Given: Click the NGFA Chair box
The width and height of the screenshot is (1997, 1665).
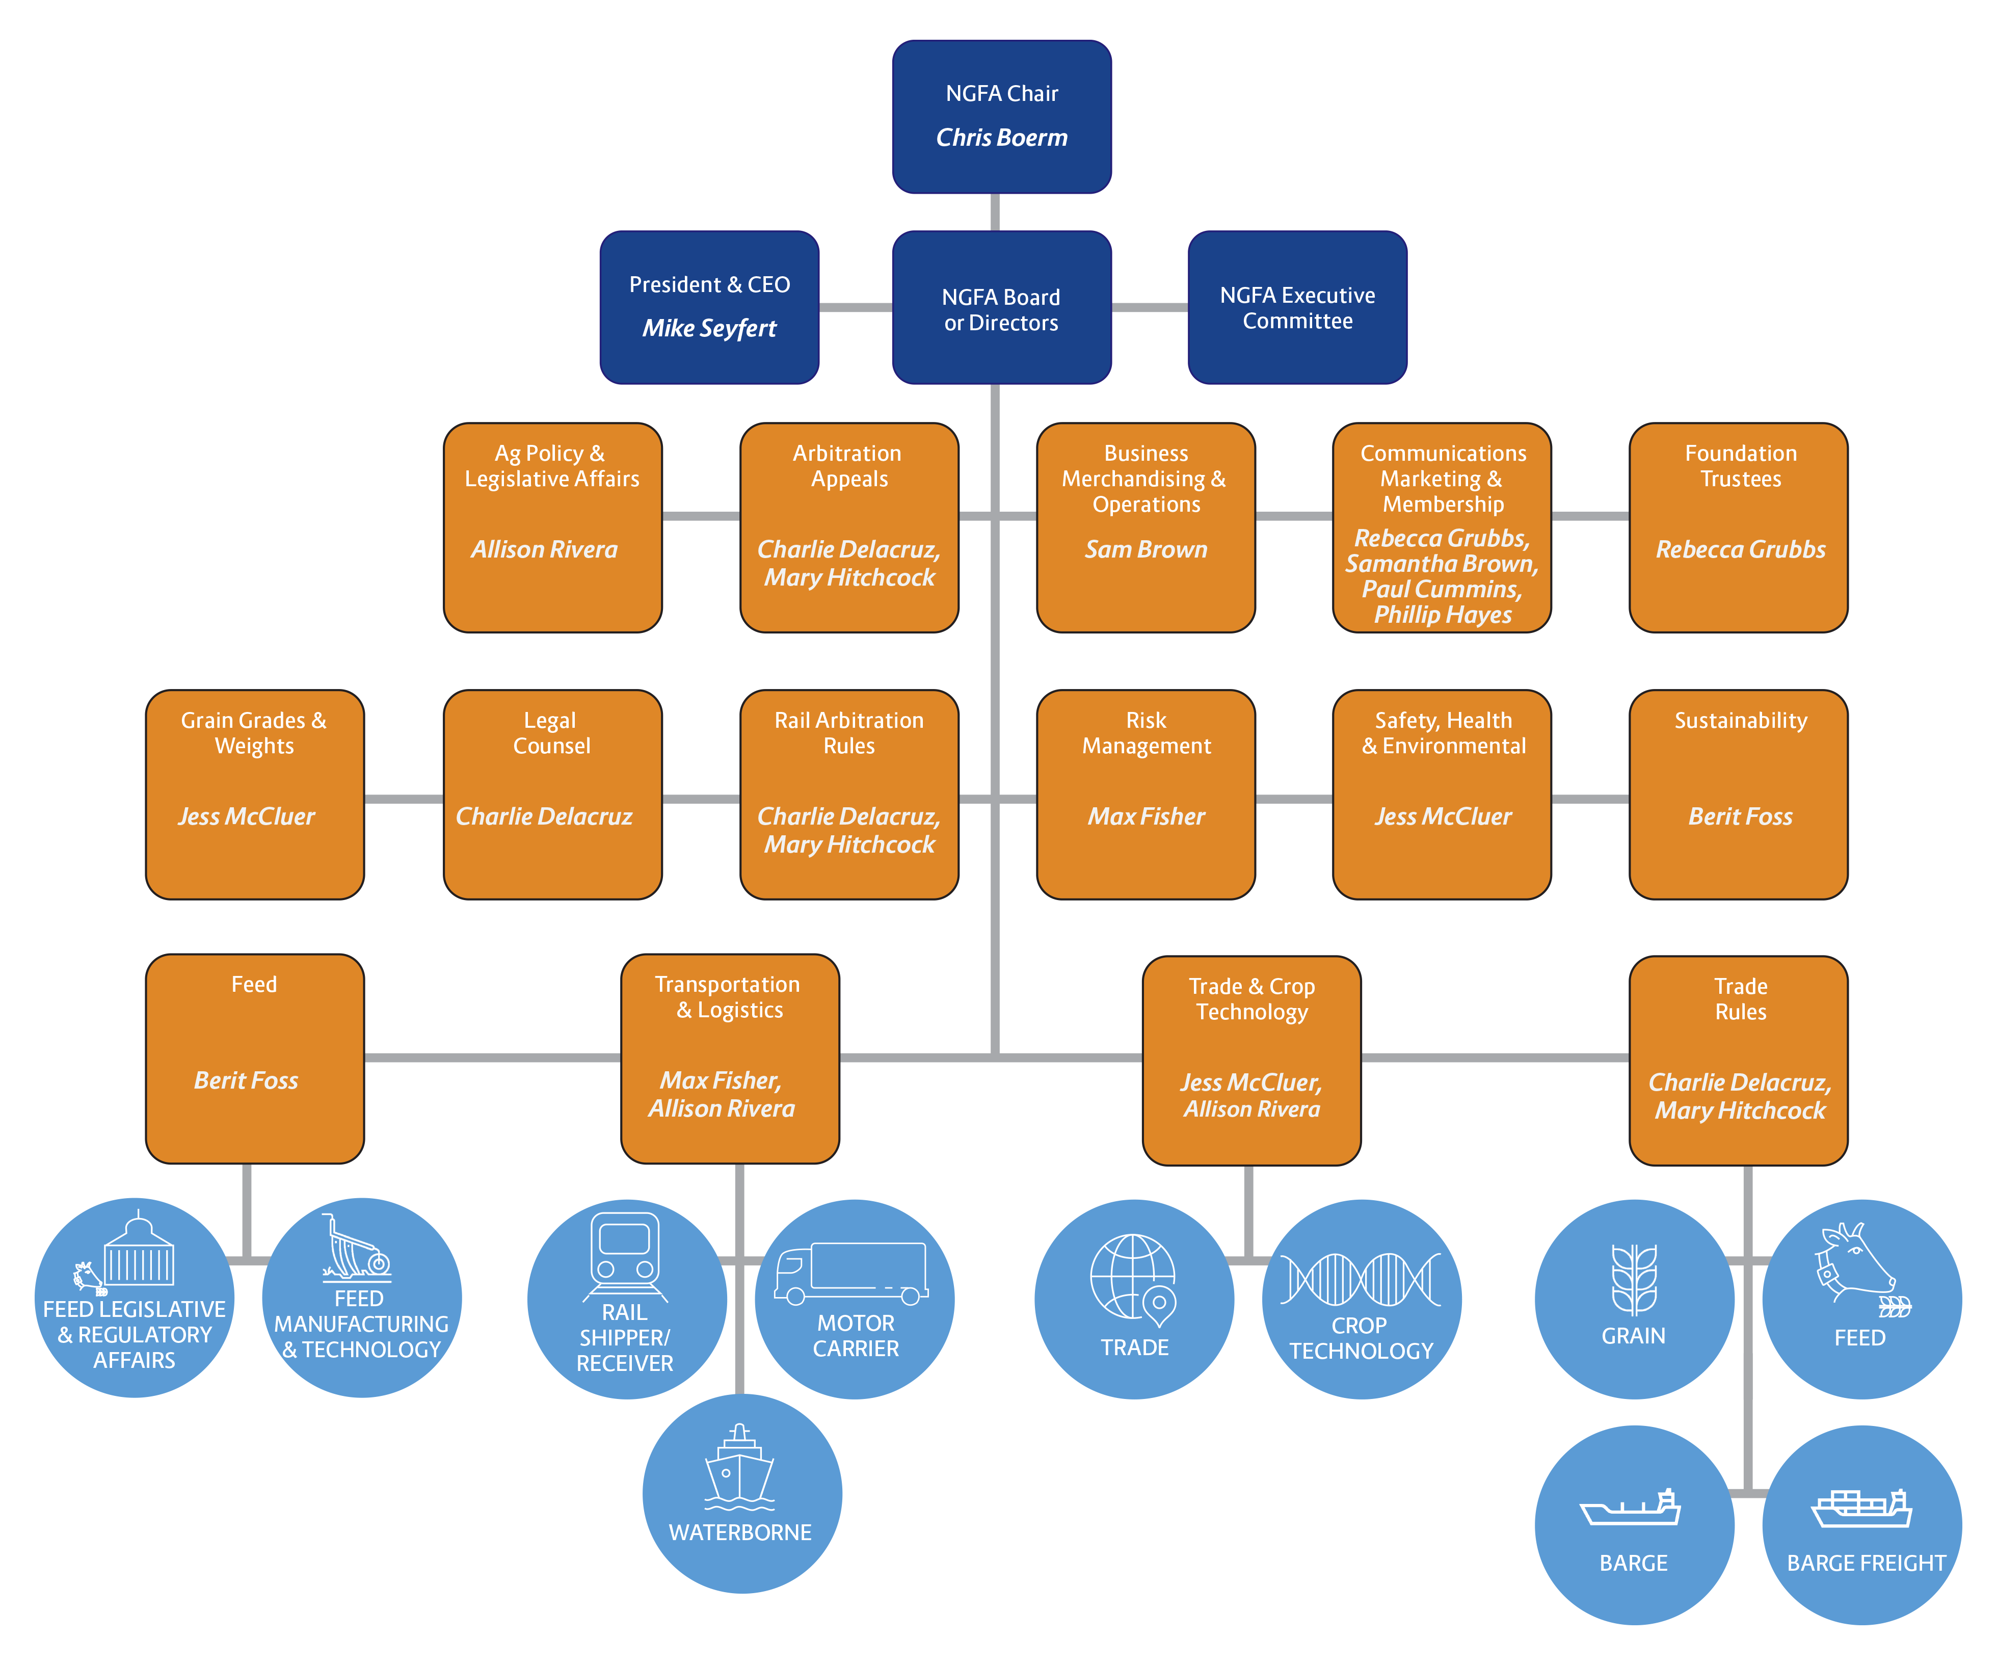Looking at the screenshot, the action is tap(1001, 117).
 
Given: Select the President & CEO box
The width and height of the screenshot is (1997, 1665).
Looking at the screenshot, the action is tap(709, 307).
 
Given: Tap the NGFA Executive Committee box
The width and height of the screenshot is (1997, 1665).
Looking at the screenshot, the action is tap(1297, 307).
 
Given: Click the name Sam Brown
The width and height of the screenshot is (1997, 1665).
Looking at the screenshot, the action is tap(1146, 549).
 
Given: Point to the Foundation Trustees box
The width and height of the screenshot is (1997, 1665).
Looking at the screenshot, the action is tap(1738, 528).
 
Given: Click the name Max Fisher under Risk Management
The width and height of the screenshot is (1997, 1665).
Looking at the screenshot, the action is tap(1146, 817).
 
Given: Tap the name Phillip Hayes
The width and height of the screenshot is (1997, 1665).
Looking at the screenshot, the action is tap(1443, 615).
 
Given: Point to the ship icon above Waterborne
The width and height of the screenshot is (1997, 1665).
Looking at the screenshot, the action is tap(740, 1467).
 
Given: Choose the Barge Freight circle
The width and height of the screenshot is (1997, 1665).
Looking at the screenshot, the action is tap(1862, 1525).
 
